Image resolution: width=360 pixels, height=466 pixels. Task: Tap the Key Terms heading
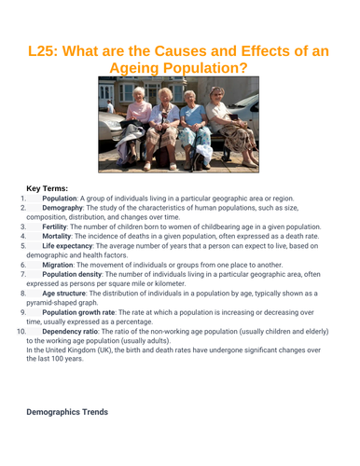click(47, 187)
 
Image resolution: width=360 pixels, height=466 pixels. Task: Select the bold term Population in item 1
click(60, 199)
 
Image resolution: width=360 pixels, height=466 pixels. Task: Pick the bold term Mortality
click(61, 237)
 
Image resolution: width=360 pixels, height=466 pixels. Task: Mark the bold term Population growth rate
click(85, 312)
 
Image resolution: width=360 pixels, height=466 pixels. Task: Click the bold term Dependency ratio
click(76, 331)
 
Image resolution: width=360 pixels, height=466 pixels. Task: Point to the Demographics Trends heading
click(66, 411)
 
